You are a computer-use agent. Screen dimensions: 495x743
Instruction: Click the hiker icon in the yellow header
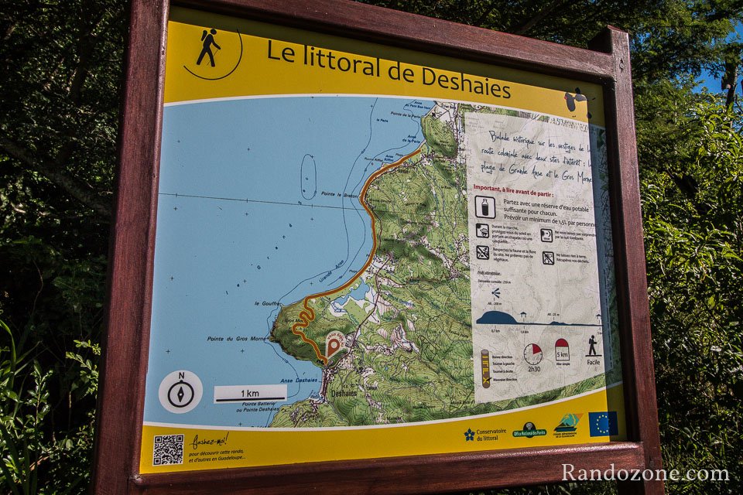(207, 47)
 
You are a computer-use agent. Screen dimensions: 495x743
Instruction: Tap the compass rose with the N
(180, 391)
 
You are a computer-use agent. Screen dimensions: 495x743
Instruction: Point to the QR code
(168, 449)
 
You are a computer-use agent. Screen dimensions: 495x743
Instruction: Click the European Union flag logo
(602, 424)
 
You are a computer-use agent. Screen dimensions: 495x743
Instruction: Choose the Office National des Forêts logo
(529, 429)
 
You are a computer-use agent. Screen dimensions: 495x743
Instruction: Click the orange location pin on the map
(334, 346)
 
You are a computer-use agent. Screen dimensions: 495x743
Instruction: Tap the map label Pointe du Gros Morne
(235, 339)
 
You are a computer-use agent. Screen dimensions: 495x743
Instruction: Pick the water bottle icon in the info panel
(485, 207)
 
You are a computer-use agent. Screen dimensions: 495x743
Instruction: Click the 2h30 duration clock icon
(532, 354)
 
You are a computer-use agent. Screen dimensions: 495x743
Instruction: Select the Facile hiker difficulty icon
(593, 346)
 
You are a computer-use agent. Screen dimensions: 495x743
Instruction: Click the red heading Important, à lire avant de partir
(524, 187)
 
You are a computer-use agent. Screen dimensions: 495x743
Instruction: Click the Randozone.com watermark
(645, 473)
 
